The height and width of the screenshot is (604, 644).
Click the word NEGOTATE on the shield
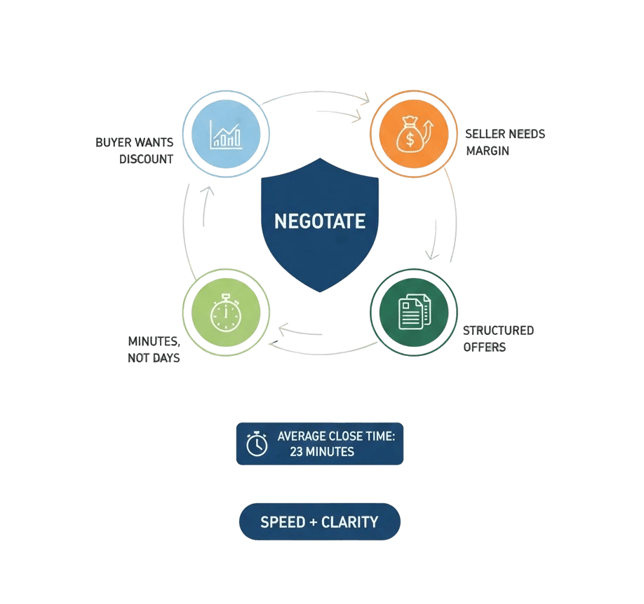(320, 221)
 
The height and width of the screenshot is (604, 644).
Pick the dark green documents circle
(413, 312)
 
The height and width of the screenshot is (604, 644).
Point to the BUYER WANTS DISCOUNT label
(135, 151)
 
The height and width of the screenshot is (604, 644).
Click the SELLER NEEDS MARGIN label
(504, 142)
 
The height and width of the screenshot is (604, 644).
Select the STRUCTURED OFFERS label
(498, 338)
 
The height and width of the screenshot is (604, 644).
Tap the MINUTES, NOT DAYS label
(154, 350)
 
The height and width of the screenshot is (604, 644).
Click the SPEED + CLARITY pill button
(319, 522)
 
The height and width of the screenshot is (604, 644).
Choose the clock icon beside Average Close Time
(257, 444)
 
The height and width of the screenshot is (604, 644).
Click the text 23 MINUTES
(322, 452)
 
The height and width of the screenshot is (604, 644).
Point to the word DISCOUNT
(146, 159)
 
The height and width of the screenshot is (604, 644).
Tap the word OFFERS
(485, 347)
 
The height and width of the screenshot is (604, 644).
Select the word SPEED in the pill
(283, 522)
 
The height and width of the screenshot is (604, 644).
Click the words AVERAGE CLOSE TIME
(336, 437)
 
